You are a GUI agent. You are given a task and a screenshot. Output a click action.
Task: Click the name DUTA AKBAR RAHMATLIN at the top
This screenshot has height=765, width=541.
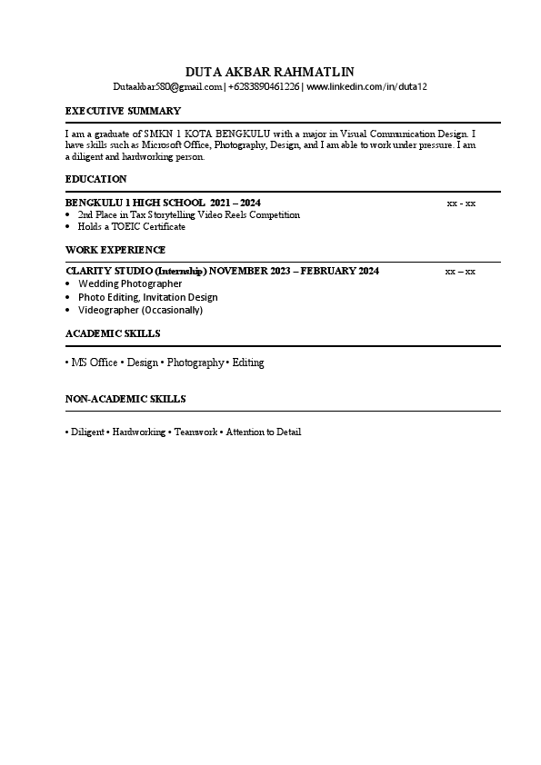pos(270,72)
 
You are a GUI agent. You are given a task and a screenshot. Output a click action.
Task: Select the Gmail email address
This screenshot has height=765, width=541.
pos(168,86)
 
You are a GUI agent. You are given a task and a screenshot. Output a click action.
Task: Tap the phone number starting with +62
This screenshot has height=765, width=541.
pos(265,86)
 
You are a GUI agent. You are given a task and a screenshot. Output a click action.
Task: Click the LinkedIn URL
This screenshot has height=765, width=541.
pos(366,86)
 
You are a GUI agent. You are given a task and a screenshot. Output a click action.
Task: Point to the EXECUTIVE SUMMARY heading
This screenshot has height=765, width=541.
pos(123,111)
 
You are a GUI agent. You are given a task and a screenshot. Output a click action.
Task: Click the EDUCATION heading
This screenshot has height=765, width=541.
pos(95,179)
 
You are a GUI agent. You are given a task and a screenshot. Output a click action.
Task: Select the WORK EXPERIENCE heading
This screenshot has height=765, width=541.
pos(115,250)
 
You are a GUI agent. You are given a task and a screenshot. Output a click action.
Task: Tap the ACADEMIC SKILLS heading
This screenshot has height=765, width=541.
pos(113,333)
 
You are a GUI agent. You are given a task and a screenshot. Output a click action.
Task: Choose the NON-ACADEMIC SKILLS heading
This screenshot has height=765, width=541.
pos(125,399)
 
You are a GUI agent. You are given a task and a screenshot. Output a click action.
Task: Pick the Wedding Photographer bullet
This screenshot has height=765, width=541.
pos(130,283)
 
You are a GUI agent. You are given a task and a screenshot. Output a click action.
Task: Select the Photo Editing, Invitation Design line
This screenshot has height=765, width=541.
pos(147,297)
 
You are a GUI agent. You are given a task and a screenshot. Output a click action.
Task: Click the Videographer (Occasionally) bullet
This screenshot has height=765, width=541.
pos(140,310)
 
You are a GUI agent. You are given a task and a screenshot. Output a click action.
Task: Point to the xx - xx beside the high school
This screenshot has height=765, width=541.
pos(461,203)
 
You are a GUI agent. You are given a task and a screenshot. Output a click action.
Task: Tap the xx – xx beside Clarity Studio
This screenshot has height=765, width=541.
pos(460,272)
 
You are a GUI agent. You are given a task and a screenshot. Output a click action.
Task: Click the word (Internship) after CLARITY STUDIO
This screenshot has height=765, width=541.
pos(180,272)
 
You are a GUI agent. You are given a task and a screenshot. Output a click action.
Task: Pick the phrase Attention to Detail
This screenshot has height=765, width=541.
pos(263,432)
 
